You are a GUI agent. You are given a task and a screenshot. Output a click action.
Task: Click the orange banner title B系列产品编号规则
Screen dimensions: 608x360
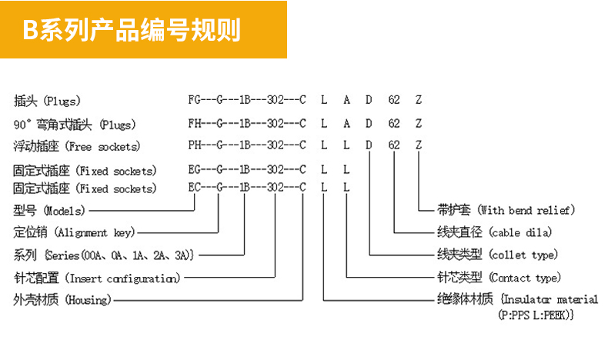tap(132, 29)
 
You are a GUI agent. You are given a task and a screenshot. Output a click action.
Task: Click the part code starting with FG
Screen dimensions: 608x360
tap(305, 100)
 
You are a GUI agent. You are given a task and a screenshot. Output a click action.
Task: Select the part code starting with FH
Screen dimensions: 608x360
tap(305, 124)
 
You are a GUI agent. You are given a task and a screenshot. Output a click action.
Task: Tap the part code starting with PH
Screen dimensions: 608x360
tap(305, 145)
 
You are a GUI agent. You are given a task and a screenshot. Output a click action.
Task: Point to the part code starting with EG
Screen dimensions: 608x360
tap(269, 169)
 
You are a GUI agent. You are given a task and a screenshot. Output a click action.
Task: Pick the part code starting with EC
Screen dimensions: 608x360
tap(269, 188)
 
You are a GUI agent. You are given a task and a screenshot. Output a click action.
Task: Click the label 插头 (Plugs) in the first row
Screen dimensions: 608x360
tap(47, 101)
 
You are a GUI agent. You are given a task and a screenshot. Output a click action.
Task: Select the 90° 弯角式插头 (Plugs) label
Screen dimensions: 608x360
tap(75, 125)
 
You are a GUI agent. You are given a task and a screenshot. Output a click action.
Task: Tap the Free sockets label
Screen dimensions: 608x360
tap(77, 146)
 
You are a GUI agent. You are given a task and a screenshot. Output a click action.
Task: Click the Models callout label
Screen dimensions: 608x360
tap(49, 211)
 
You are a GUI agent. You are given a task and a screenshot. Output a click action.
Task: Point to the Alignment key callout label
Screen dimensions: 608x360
tap(74, 232)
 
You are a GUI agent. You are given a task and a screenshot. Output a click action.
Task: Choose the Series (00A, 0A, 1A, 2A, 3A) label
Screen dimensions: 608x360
tap(104, 255)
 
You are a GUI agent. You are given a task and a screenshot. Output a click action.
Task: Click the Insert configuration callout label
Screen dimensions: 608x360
tap(97, 278)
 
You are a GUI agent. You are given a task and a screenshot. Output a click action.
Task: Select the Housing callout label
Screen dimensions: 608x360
tap(62, 299)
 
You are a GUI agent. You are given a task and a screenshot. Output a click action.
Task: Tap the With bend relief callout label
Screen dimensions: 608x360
tap(506, 211)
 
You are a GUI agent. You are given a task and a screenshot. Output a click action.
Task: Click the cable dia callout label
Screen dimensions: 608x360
tap(494, 232)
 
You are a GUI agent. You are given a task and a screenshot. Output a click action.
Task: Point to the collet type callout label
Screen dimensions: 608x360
tap(497, 255)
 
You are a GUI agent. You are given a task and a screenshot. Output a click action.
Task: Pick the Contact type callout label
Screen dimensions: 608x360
tap(499, 278)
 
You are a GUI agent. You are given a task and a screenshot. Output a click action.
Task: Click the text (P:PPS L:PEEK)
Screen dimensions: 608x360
tap(536, 315)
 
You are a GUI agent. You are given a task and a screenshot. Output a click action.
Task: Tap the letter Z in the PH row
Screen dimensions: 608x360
tap(419, 145)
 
